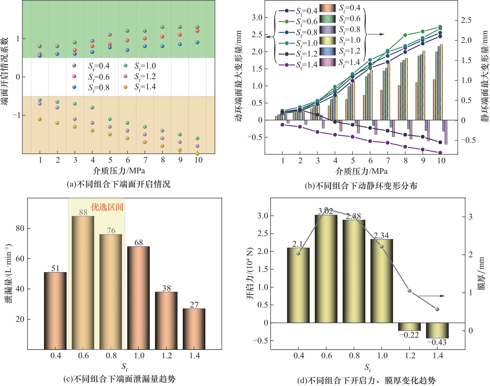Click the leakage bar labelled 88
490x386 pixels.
pos(83,283)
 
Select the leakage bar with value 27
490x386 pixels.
pos(194,329)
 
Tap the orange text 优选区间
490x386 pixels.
pos(107,207)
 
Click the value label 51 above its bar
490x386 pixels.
pos(55,268)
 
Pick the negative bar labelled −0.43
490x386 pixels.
pos(437,330)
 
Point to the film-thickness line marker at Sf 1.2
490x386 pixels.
pos(410,291)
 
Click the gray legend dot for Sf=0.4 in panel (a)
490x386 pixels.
pos(74,65)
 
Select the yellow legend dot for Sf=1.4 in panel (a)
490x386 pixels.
pos(125,87)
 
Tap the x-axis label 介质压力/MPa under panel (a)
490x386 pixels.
pos(119,171)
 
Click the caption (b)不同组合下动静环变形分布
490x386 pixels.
pos(361,186)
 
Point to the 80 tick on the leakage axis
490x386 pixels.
pos(20,228)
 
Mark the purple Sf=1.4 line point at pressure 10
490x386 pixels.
pos(440,153)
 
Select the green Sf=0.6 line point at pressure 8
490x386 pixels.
pos(405,35)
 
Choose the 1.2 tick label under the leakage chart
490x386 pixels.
pos(167,356)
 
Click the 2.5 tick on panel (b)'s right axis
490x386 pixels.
pos(467,20)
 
